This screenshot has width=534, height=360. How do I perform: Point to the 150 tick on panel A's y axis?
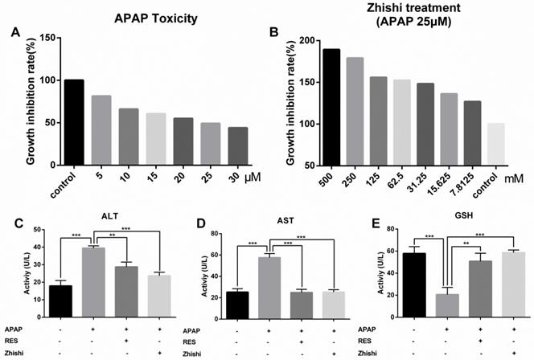pos(50,38)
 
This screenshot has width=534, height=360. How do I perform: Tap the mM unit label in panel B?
pos(521,171)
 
